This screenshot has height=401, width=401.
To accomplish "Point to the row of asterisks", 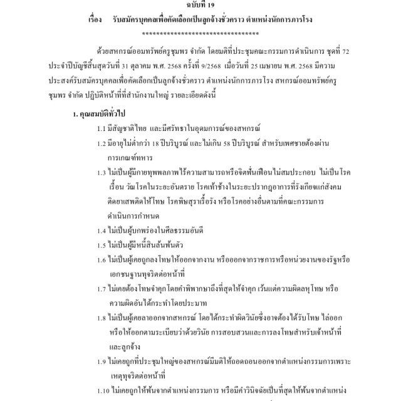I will point(200,32).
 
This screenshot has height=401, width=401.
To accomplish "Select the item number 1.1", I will point(102,128).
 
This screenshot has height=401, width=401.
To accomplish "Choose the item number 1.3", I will point(102,172).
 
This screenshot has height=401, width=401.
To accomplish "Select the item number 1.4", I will point(102,229).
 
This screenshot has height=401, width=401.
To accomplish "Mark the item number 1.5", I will point(102,244).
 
